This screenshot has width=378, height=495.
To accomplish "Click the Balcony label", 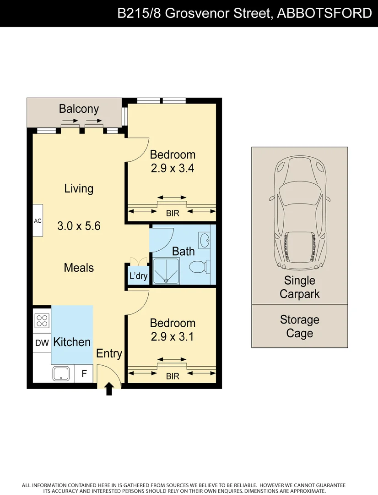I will [79, 109].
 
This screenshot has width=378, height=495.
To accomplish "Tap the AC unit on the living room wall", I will [38, 221].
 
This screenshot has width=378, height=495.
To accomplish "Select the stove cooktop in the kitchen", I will [42, 320].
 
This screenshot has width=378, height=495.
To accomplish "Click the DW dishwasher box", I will [42, 342].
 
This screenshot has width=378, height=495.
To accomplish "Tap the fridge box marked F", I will [84, 374].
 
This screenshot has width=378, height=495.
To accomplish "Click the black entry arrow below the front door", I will [109, 389].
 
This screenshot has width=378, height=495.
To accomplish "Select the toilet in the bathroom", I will [200, 266].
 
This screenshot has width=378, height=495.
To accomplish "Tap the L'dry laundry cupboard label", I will [138, 276].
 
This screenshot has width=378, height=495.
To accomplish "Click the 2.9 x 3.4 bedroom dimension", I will [173, 168].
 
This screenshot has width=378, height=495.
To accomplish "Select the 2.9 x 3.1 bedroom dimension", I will [173, 337].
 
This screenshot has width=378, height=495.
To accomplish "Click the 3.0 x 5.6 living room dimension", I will [79, 226].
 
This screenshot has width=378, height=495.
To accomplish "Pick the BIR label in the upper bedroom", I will [173, 214].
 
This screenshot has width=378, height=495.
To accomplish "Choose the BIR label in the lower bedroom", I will [173, 377].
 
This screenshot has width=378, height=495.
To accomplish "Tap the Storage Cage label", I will [300, 326].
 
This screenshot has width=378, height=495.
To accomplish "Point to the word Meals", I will [79, 268].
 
